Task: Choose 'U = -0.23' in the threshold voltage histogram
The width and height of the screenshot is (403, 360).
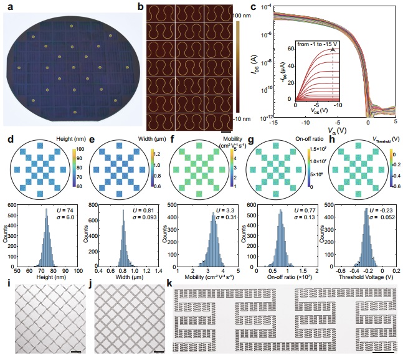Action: (x=380, y=207)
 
